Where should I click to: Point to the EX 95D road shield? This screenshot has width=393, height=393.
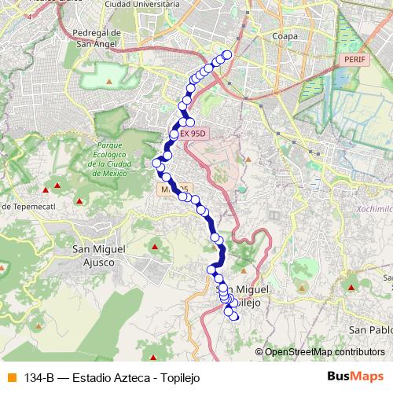coord(192,134)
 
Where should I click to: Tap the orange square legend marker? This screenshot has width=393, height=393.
coord(10,377)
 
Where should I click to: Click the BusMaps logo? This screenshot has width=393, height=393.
coord(355,376)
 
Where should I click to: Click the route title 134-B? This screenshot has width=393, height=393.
coord(39,377)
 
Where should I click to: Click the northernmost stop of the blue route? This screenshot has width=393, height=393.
coord(228,54)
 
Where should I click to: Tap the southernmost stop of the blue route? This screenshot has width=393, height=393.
coord(234,317)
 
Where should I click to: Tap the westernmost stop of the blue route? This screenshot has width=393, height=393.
coord(156,163)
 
